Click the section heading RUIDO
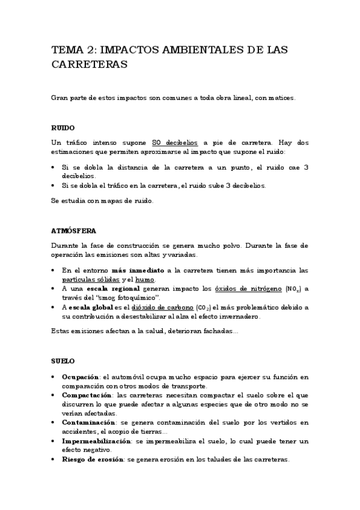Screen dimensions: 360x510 coord(63,127)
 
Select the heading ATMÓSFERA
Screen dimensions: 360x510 coord(74,230)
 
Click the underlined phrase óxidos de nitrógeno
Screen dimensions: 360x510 coord(248,289)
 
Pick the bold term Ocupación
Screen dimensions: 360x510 coord(80,376)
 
